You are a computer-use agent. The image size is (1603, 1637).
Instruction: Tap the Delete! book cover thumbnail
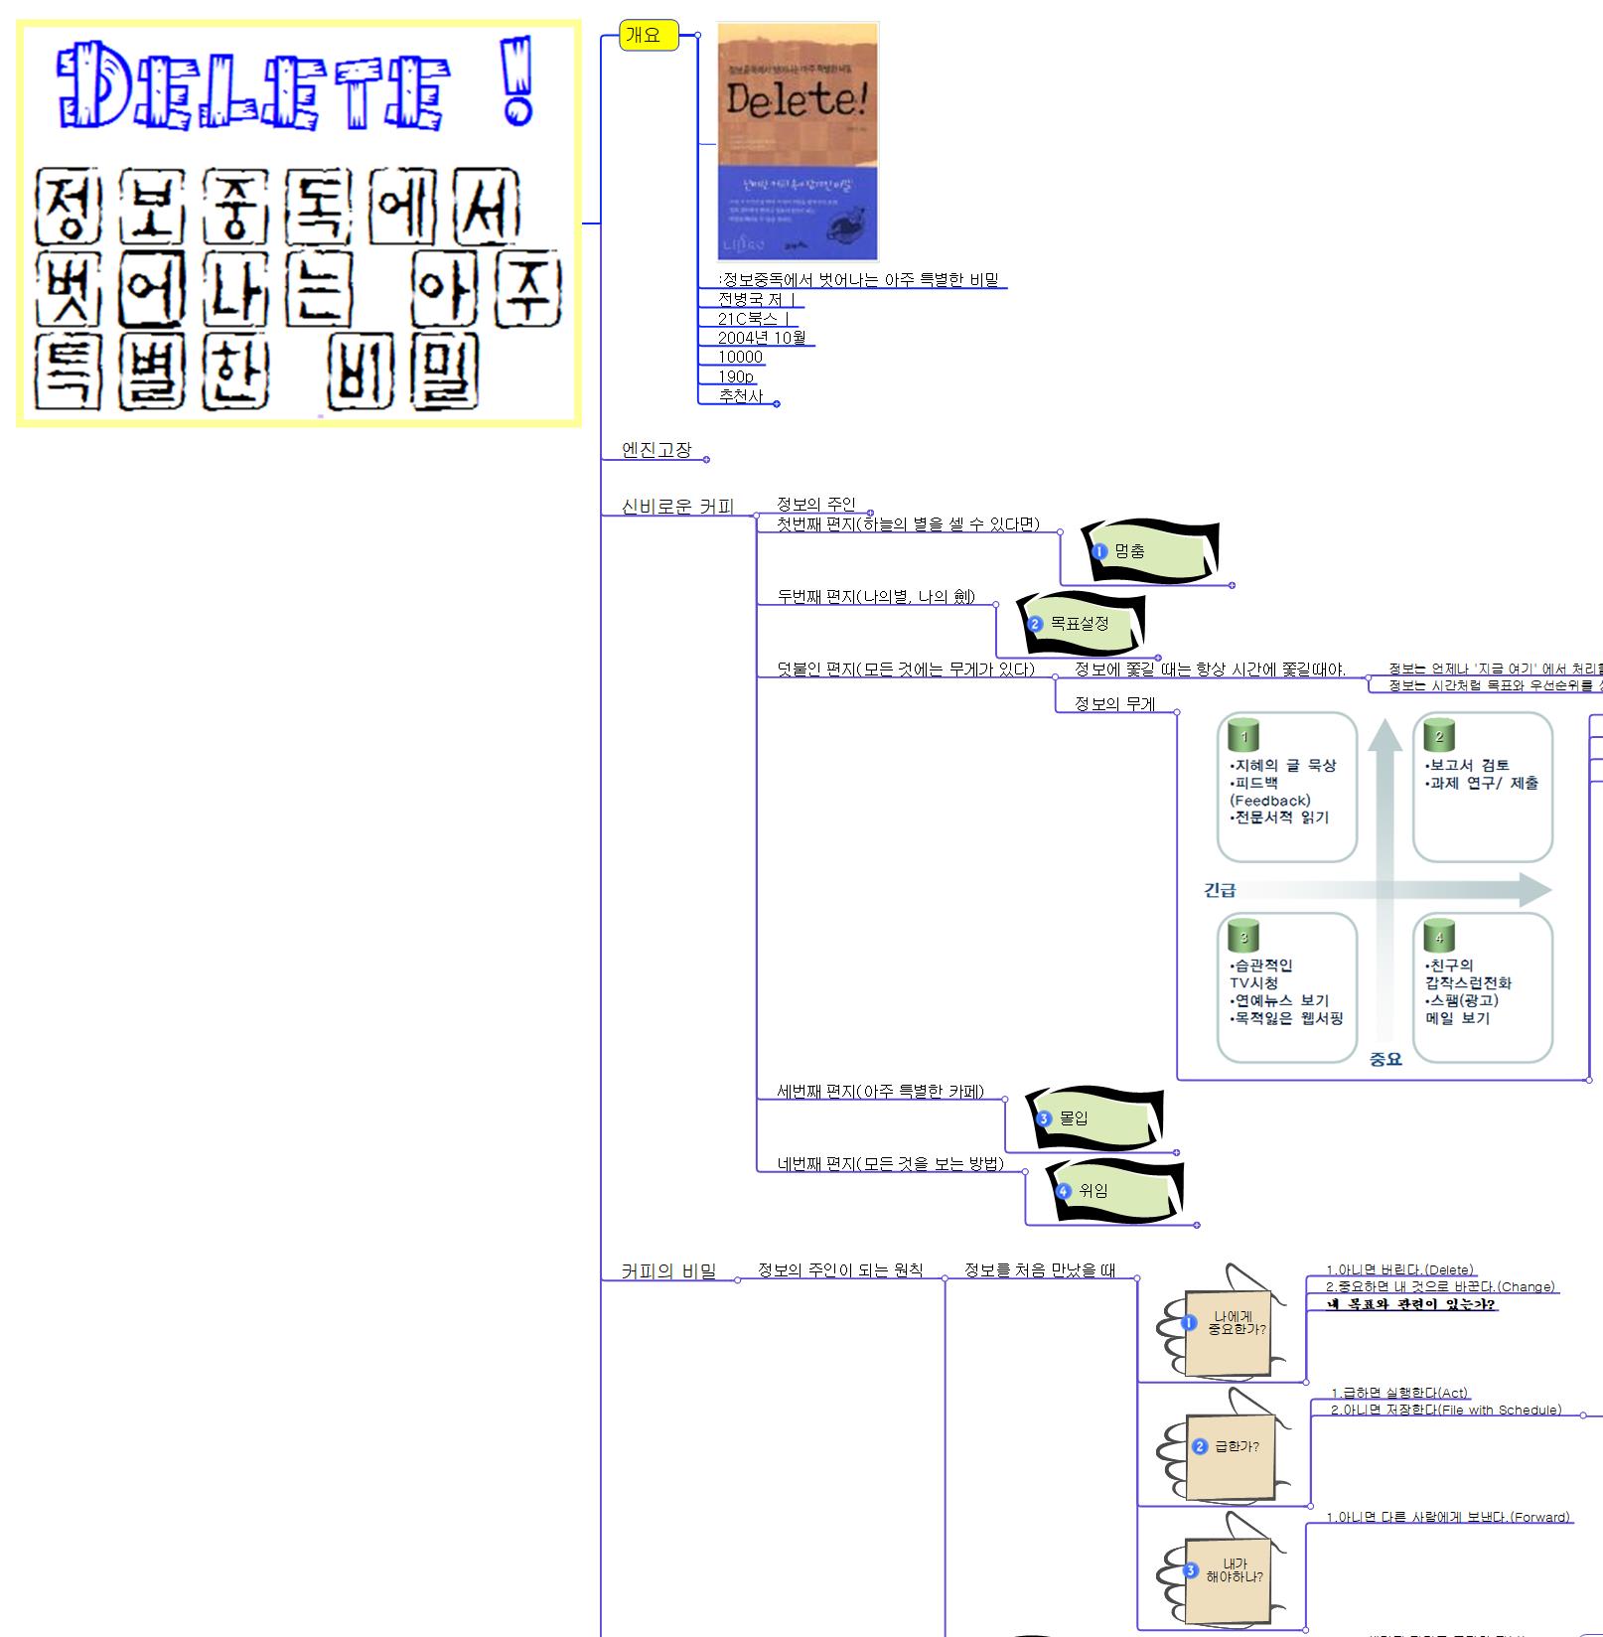(798, 141)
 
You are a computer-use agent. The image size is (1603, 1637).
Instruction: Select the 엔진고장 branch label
(656, 450)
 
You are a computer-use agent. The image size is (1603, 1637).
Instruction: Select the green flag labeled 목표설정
(1081, 624)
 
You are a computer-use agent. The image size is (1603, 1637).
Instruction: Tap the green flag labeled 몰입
(1093, 1118)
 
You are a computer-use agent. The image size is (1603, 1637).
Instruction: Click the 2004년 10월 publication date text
(762, 338)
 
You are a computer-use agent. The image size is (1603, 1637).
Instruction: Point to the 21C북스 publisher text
(754, 319)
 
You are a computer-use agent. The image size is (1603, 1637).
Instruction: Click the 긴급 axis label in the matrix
(1220, 890)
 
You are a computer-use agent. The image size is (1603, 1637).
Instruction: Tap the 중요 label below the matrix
(1385, 1059)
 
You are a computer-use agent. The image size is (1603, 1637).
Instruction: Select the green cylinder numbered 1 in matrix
(1243, 736)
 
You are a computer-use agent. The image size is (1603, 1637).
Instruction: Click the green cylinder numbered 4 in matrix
(1439, 937)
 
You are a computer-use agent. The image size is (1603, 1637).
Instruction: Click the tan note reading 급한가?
(1230, 1447)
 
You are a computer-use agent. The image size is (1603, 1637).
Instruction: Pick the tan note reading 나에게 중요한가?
(1230, 1324)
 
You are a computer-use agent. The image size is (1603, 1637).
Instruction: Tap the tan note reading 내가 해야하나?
(1230, 1570)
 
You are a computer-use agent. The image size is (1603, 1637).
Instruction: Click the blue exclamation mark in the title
(516, 81)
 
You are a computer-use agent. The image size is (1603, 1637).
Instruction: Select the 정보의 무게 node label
(1114, 704)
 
